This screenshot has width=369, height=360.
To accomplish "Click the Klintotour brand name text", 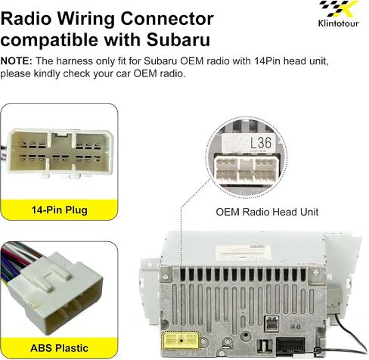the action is pyautogui.click(x=338, y=23).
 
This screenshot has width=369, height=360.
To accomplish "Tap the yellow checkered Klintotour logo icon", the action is pyautogui.click(x=339, y=9).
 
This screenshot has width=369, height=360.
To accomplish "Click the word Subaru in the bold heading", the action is pyautogui.click(x=178, y=40).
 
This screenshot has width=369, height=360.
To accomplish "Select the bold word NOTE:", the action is pyautogui.click(x=17, y=61).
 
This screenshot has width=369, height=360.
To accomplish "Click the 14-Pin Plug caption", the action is pyautogui.click(x=60, y=209).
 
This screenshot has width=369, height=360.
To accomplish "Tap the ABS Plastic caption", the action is pyautogui.click(x=59, y=348).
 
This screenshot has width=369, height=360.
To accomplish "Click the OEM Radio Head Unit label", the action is pyautogui.click(x=267, y=212).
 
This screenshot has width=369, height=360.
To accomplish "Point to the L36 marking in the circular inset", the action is pyautogui.click(x=261, y=143).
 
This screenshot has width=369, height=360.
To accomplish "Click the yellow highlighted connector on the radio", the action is pyautogui.click(x=181, y=340).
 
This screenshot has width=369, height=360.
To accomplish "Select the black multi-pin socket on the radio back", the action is pyautogui.click(x=291, y=347).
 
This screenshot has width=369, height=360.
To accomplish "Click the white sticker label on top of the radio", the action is pyautogui.click(x=243, y=252).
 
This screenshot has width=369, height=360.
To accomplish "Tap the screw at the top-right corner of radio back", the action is pyautogui.click(x=315, y=272).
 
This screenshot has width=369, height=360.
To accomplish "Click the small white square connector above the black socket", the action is pyautogui.click(x=271, y=324).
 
